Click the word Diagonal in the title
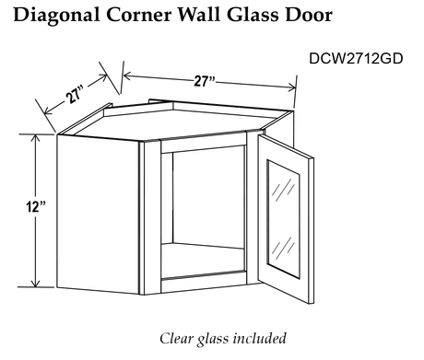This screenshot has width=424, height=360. [x=56, y=16]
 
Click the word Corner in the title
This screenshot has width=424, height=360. [x=139, y=15]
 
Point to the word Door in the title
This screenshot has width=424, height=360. [x=309, y=15]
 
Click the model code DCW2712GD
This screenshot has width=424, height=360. [x=356, y=58]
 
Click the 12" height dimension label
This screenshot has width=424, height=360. [x=35, y=206]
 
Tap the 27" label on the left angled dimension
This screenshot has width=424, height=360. [x=74, y=96]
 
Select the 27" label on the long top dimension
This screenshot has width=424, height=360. [x=205, y=81]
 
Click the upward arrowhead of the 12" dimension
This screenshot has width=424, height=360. [x=36, y=140]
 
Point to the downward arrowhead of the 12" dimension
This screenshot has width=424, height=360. [x=36, y=282]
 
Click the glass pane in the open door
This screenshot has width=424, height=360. [x=283, y=219]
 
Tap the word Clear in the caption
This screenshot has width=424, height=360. [x=176, y=338]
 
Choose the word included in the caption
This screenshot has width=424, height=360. [x=260, y=338]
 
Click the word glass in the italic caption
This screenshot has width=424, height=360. [x=213, y=340]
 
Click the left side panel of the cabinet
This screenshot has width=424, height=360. [x=98, y=215]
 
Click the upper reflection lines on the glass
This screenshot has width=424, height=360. [x=283, y=190]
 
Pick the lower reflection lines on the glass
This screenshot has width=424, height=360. [x=283, y=248]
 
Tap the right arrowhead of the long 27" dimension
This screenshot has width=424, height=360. [x=291, y=87]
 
